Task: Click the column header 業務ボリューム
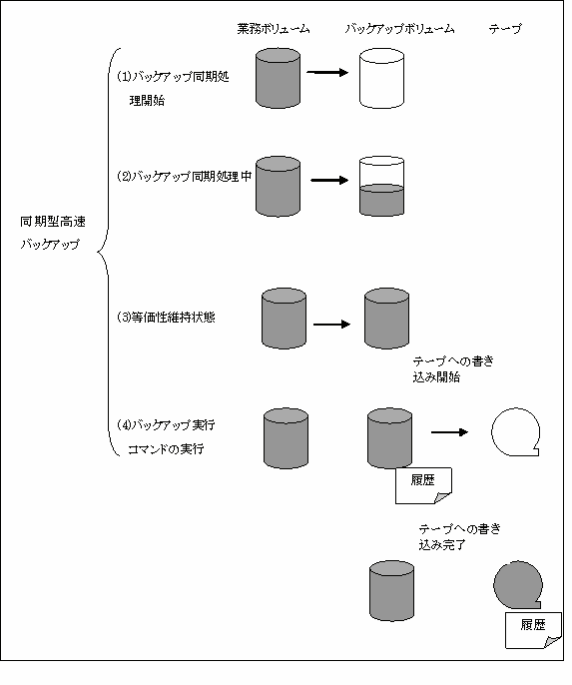click(274, 29)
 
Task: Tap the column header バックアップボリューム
click(399, 29)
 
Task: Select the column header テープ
click(505, 29)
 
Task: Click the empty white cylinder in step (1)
click(381, 78)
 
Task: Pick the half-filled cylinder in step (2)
click(381, 187)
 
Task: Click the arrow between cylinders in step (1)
click(327, 72)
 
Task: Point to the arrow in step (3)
click(331, 325)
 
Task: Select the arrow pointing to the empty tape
click(449, 432)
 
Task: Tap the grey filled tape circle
click(518, 585)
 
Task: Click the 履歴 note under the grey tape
click(533, 630)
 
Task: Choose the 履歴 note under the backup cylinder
click(423, 485)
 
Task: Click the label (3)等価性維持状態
click(166, 318)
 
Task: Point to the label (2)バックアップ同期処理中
click(185, 177)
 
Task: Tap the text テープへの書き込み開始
click(453, 369)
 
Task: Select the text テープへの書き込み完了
click(459, 537)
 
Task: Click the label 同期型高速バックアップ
click(53, 233)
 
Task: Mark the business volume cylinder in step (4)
click(286, 438)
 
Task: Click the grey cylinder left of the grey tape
click(391, 591)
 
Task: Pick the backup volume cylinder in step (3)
click(387, 318)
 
